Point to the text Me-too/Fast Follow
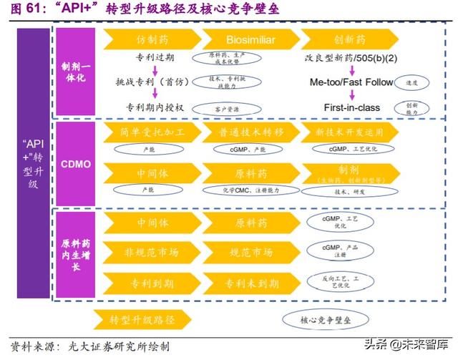351,82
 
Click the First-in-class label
351,107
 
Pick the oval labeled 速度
413,82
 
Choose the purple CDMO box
76,164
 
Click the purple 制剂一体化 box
76,71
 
